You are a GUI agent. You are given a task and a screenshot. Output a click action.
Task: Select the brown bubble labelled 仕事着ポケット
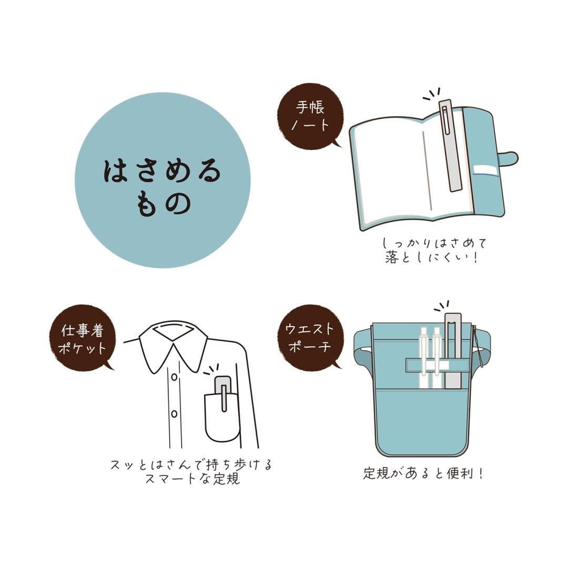click(83, 339)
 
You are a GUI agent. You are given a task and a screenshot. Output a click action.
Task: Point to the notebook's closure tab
click(507, 157)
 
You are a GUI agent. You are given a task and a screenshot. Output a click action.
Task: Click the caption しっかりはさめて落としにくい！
click(434, 250)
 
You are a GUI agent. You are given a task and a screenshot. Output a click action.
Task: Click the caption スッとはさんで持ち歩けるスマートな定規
click(192, 471)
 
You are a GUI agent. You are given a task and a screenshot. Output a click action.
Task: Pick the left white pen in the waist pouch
click(423, 358)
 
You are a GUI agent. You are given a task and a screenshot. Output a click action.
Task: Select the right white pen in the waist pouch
click(437, 358)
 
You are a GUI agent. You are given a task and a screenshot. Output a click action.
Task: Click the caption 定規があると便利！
click(423, 473)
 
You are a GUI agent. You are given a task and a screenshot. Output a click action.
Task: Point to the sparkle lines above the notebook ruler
click(432, 94)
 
